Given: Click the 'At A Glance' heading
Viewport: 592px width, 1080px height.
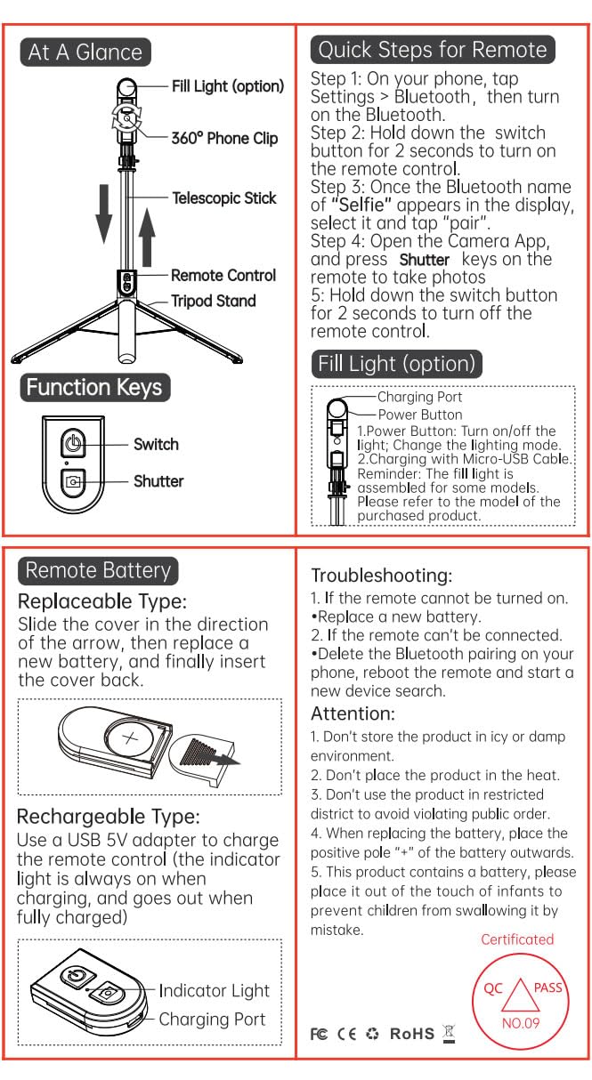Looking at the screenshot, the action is click(85, 52).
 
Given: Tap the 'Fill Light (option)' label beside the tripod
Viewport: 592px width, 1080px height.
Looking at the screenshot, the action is click(228, 86).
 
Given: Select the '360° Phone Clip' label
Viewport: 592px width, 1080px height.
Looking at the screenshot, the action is click(224, 139).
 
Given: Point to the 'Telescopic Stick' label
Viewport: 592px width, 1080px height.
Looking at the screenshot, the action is click(224, 197).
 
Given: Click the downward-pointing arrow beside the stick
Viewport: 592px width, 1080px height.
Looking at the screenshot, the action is click(104, 214).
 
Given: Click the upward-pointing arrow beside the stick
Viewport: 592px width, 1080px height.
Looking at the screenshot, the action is click(147, 238).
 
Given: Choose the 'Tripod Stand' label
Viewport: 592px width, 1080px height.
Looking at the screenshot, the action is click(214, 301).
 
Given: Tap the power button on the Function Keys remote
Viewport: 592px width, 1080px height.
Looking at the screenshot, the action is click(73, 443).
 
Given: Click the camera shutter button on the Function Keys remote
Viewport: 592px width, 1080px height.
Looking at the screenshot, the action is click(73, 481).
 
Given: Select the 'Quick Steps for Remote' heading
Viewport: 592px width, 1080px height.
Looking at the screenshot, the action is click(433, 50).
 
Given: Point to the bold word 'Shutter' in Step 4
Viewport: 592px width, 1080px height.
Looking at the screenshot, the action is click(424, 260).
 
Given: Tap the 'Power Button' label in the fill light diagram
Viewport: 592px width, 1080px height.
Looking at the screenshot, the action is click(420, 415).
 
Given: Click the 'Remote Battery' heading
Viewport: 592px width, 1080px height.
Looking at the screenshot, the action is click(98, 570).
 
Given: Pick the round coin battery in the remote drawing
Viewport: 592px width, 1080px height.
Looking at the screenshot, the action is click(129, 738).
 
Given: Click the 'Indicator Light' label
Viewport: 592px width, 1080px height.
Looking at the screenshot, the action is click(215, 990).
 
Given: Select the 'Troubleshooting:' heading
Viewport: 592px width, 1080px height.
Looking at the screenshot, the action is click(382, 576).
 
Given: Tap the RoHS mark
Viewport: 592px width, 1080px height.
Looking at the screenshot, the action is click(412, 1034).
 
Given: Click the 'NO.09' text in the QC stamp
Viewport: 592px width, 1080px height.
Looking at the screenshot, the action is click(521, 1023).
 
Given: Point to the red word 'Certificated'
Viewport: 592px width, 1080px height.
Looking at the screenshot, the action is click(517, 939).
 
